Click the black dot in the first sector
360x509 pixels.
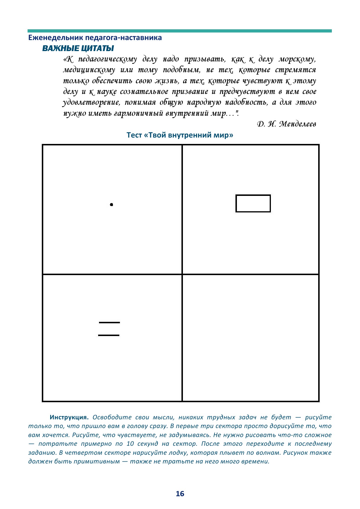[111, 205]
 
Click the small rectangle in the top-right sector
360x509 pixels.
[253, 203]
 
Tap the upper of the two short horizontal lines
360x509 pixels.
[109, 322]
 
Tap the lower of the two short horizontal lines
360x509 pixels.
[109, 335]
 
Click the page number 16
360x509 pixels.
[180, 494]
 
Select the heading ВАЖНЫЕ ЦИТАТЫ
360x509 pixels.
[78, 48]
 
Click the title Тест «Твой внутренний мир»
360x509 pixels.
[180, 135]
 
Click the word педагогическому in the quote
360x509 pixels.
[107, 59]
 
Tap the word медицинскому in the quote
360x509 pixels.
[89, 70]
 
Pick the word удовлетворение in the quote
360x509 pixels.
[91, 102]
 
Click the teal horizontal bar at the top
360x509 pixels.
[180, 31]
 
